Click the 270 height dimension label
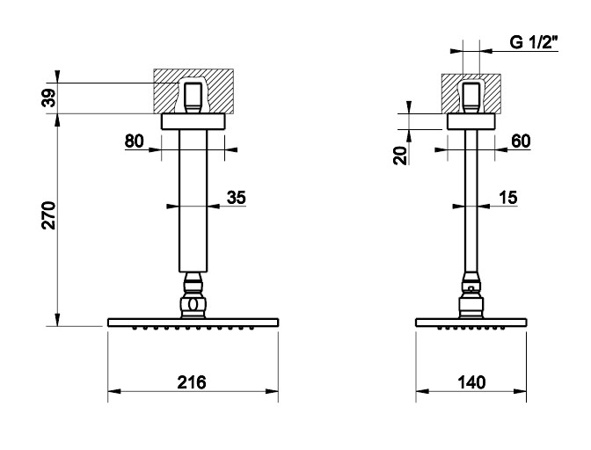point(49,215)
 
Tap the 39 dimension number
point(49,98)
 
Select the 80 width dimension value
point(135,142)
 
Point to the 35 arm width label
point(237,198)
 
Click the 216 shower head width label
point(192,382)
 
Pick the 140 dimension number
point(471,382)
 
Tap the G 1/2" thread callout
point(533,42)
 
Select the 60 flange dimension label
point(521,142)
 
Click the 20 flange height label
point(400,156)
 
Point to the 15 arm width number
point(508,198)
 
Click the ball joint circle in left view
point(193,304)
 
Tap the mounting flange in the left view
point(193,121)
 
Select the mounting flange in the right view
point(471,121)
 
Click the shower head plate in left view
point(193,323)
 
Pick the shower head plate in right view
point(471,323)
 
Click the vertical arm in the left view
point(193,200)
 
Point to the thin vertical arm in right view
point(471,200)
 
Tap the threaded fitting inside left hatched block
point(193,98)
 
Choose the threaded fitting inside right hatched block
point(471,98)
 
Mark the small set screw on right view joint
point(471,288)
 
